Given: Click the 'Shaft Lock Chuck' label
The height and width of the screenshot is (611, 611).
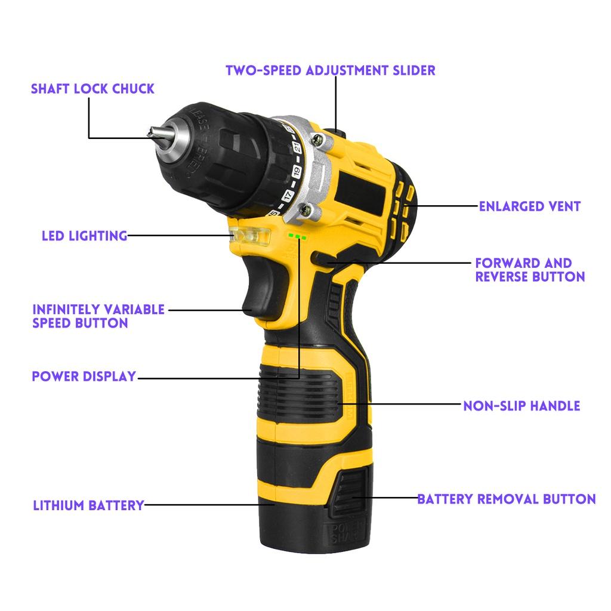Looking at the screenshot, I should pyautogui.click(x=92, y=89).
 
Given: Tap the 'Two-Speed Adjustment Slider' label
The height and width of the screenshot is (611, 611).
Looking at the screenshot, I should pyautogui.click(x=330, y=70).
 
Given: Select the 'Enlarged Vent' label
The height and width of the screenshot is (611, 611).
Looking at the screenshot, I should pyautogui.click(x=530, y=206).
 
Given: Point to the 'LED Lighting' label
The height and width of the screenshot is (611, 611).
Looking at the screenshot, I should pyautogui.click(x=85, y=236).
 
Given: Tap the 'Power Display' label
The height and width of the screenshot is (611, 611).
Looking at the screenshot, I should pyautogui.click(x=84, y=377).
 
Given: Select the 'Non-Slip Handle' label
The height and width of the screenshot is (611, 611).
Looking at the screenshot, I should pyautogui.click(x=521, y=406).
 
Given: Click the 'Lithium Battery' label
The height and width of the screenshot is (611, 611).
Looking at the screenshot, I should pyautogui.click(x=88, y=505).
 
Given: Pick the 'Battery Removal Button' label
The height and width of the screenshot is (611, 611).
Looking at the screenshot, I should pyautogui.click(x=506, y=499).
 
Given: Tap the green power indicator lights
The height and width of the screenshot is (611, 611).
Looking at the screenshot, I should pyautogui.click(x=297, y=237).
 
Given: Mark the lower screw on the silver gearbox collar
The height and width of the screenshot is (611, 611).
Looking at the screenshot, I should pyautogui.click(x=308, y=209).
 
